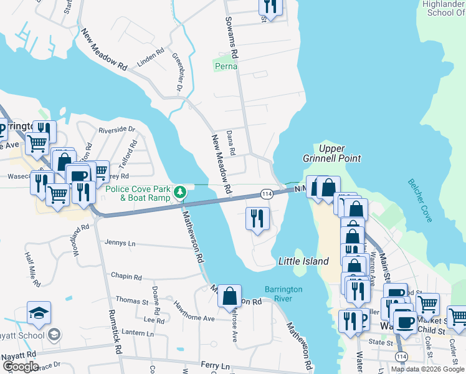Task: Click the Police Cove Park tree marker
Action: tap(180, 191)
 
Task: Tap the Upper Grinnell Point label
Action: tap(340, 153)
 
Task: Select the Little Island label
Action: tap(303, 261)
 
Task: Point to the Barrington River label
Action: tap(283, 294)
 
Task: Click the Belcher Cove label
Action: tap(421, 200)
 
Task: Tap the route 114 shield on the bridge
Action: tap(267, 194)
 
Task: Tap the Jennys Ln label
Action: tap(120, 242)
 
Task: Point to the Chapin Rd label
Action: tap(126, 276)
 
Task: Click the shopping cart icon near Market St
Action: tap(427, 304)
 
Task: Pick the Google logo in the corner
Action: tap(20, 367)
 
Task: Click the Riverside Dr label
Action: tap(117, 130)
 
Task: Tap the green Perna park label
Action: tap(225, 65)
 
